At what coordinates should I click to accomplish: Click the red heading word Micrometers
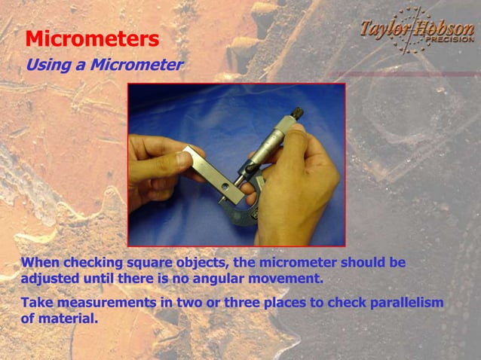tap(92, 39)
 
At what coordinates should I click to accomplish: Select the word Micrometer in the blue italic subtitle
tap(136, 65)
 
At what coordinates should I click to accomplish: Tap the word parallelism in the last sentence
tap(407, 303)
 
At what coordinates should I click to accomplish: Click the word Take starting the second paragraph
tap(36, 303)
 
